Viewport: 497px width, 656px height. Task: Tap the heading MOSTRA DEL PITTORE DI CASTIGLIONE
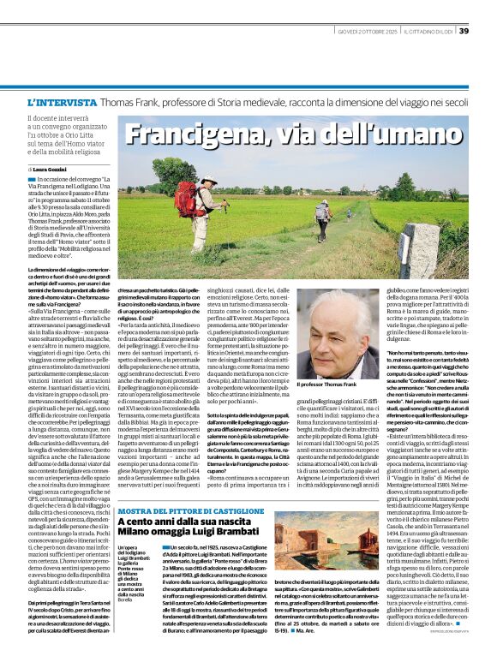(189, 487)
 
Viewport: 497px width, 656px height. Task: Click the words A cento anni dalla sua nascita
(176, 498)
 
